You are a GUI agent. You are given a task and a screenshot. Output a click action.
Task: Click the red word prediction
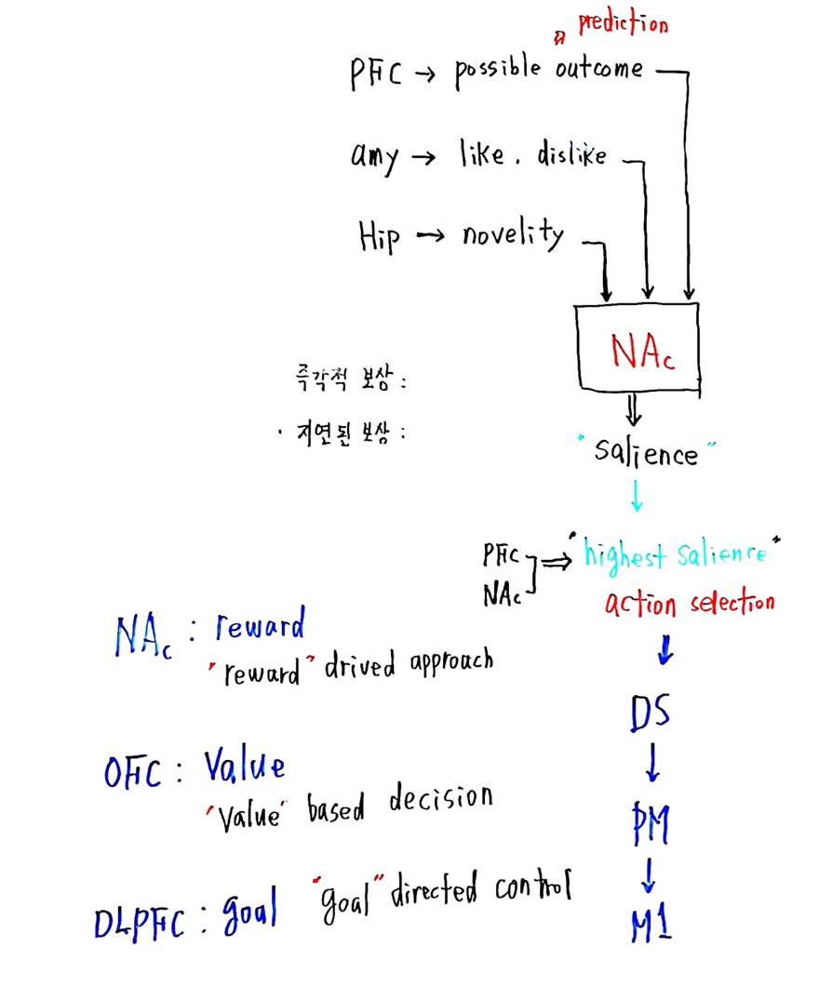pos(624,23)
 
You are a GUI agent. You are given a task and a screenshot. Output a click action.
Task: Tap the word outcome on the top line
pos(598,68)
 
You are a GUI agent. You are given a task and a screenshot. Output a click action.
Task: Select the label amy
pos(374,157)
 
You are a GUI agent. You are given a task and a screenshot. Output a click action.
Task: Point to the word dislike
pos(571,153)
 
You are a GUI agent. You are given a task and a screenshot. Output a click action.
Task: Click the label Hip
pos(379,237)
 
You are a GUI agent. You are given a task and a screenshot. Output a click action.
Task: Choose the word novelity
pos(513,235)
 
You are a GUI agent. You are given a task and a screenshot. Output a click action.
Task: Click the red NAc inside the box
pos(642,352)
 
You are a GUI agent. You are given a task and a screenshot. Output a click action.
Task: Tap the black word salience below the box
pos(646,453)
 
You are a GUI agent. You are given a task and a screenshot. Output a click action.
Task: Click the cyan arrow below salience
pos(637,496)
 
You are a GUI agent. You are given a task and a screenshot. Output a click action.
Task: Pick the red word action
pos(640,604)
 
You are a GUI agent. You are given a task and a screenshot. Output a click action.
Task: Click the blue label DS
pos(651,713)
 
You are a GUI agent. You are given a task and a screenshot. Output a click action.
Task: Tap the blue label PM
pos(651,823)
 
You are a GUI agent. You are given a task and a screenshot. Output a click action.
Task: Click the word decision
pos(441,797)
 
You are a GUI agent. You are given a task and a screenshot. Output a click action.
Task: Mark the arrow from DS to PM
pos(652,764)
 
